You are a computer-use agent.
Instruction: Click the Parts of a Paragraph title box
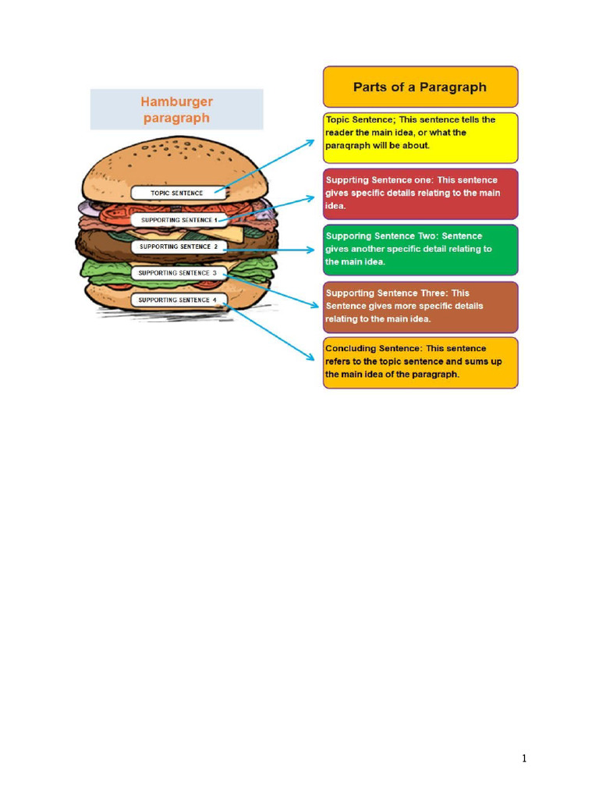coord(420,87)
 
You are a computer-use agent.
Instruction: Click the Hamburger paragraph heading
coord(176,109)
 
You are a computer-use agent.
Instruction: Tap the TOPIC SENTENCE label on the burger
coord(177,193)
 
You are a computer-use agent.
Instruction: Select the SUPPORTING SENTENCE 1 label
coord(179,220)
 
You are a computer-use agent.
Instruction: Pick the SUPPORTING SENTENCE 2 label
coord(179,247)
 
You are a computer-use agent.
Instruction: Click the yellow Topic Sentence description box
coord(420,138)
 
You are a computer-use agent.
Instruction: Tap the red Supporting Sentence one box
coord(420,194)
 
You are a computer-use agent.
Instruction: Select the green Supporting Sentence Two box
coord(420,250)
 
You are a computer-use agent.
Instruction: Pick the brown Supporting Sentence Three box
coord(420,307)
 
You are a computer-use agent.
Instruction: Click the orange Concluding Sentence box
coord(420,362)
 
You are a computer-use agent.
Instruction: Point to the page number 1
coord(524,758)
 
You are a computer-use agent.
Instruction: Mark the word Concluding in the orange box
coord(351,349)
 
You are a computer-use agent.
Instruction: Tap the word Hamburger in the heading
coord(176,102)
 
